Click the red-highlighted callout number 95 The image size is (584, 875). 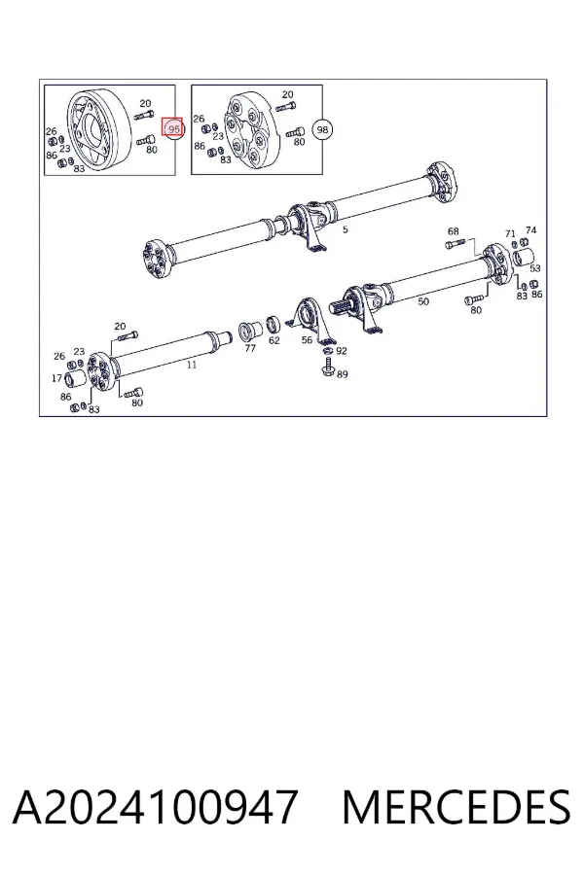172,127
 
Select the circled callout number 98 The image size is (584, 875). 322,129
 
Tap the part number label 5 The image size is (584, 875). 346,229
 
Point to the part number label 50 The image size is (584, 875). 423,301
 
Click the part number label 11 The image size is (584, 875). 192,365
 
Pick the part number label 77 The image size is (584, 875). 250,348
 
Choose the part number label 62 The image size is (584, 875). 274,340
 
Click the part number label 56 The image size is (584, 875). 307,339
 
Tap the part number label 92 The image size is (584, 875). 342,350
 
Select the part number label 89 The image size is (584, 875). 342,374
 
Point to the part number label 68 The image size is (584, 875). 453,231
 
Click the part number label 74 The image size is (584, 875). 530,229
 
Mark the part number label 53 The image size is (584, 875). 534,268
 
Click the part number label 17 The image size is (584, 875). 56,378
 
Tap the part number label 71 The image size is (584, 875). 510,233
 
